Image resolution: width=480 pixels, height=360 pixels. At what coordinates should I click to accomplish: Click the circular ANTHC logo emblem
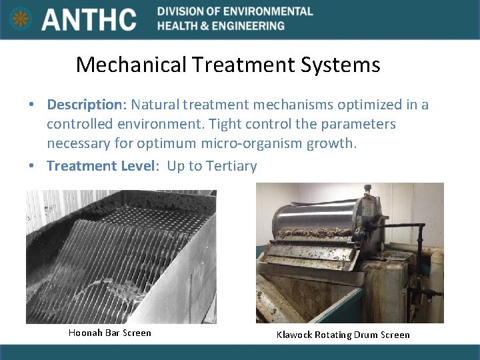coord(21,18)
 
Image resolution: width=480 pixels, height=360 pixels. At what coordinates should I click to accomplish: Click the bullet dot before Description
coord(31,105)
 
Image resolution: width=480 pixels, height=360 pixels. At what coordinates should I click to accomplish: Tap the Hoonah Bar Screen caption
coord(110,333)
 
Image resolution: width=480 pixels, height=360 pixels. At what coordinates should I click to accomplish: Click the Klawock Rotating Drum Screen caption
coord(343,335)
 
